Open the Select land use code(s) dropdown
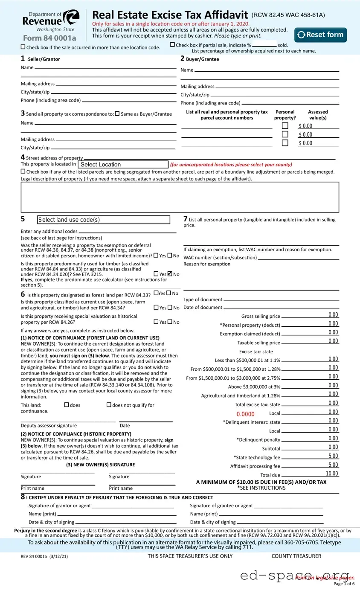tap(104, 220)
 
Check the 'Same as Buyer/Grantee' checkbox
tap(117, 114)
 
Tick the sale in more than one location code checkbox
tap(23, 47)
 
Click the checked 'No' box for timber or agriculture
tap(170, 274)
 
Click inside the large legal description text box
tap(180, 197)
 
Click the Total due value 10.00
tap(332, 474)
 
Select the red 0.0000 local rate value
tap(245, 414)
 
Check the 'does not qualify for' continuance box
tap(109, 405)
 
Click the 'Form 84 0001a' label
tap(49, 38)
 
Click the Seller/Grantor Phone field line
tap(129, 101)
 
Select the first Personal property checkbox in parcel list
tap(285, 126)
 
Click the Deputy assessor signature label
tap(49, 425)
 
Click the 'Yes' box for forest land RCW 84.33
tap(156, 293)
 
